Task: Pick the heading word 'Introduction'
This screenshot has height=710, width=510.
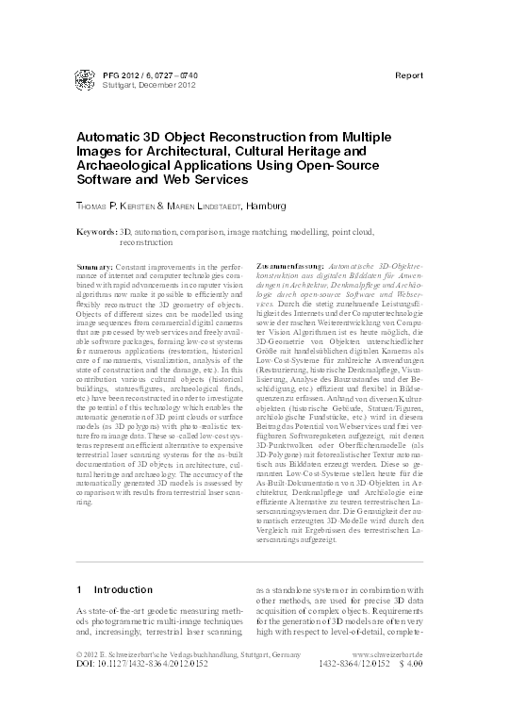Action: (123, 589)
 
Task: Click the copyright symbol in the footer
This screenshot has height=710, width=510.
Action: (78, 680)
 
